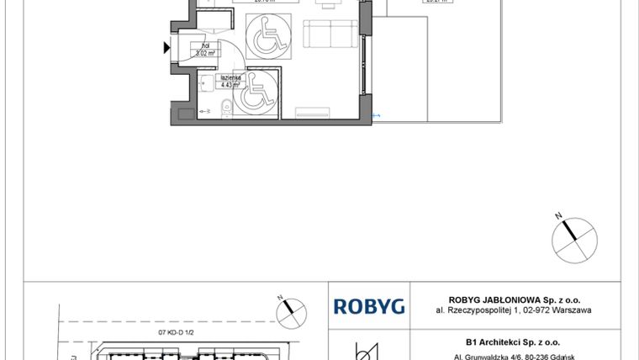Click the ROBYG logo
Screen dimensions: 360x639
click(x=369, y=306)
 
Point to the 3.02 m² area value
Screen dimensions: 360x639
click(x=206, y=52)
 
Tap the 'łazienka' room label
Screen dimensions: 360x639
click(x=230, y=77)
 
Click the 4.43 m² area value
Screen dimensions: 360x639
click(x=230, y=84)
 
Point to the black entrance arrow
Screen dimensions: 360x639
click(x=166, y=48)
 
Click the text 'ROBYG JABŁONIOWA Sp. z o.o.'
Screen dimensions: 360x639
click(x=513, y=299)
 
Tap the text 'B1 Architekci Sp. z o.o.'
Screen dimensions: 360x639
click(x=513, y=342)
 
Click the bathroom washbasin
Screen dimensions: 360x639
click(x=206, y=82)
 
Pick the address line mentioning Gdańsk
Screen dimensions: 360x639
click(x=513, y=355)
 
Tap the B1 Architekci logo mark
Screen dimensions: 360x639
click(x=368, y=350)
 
